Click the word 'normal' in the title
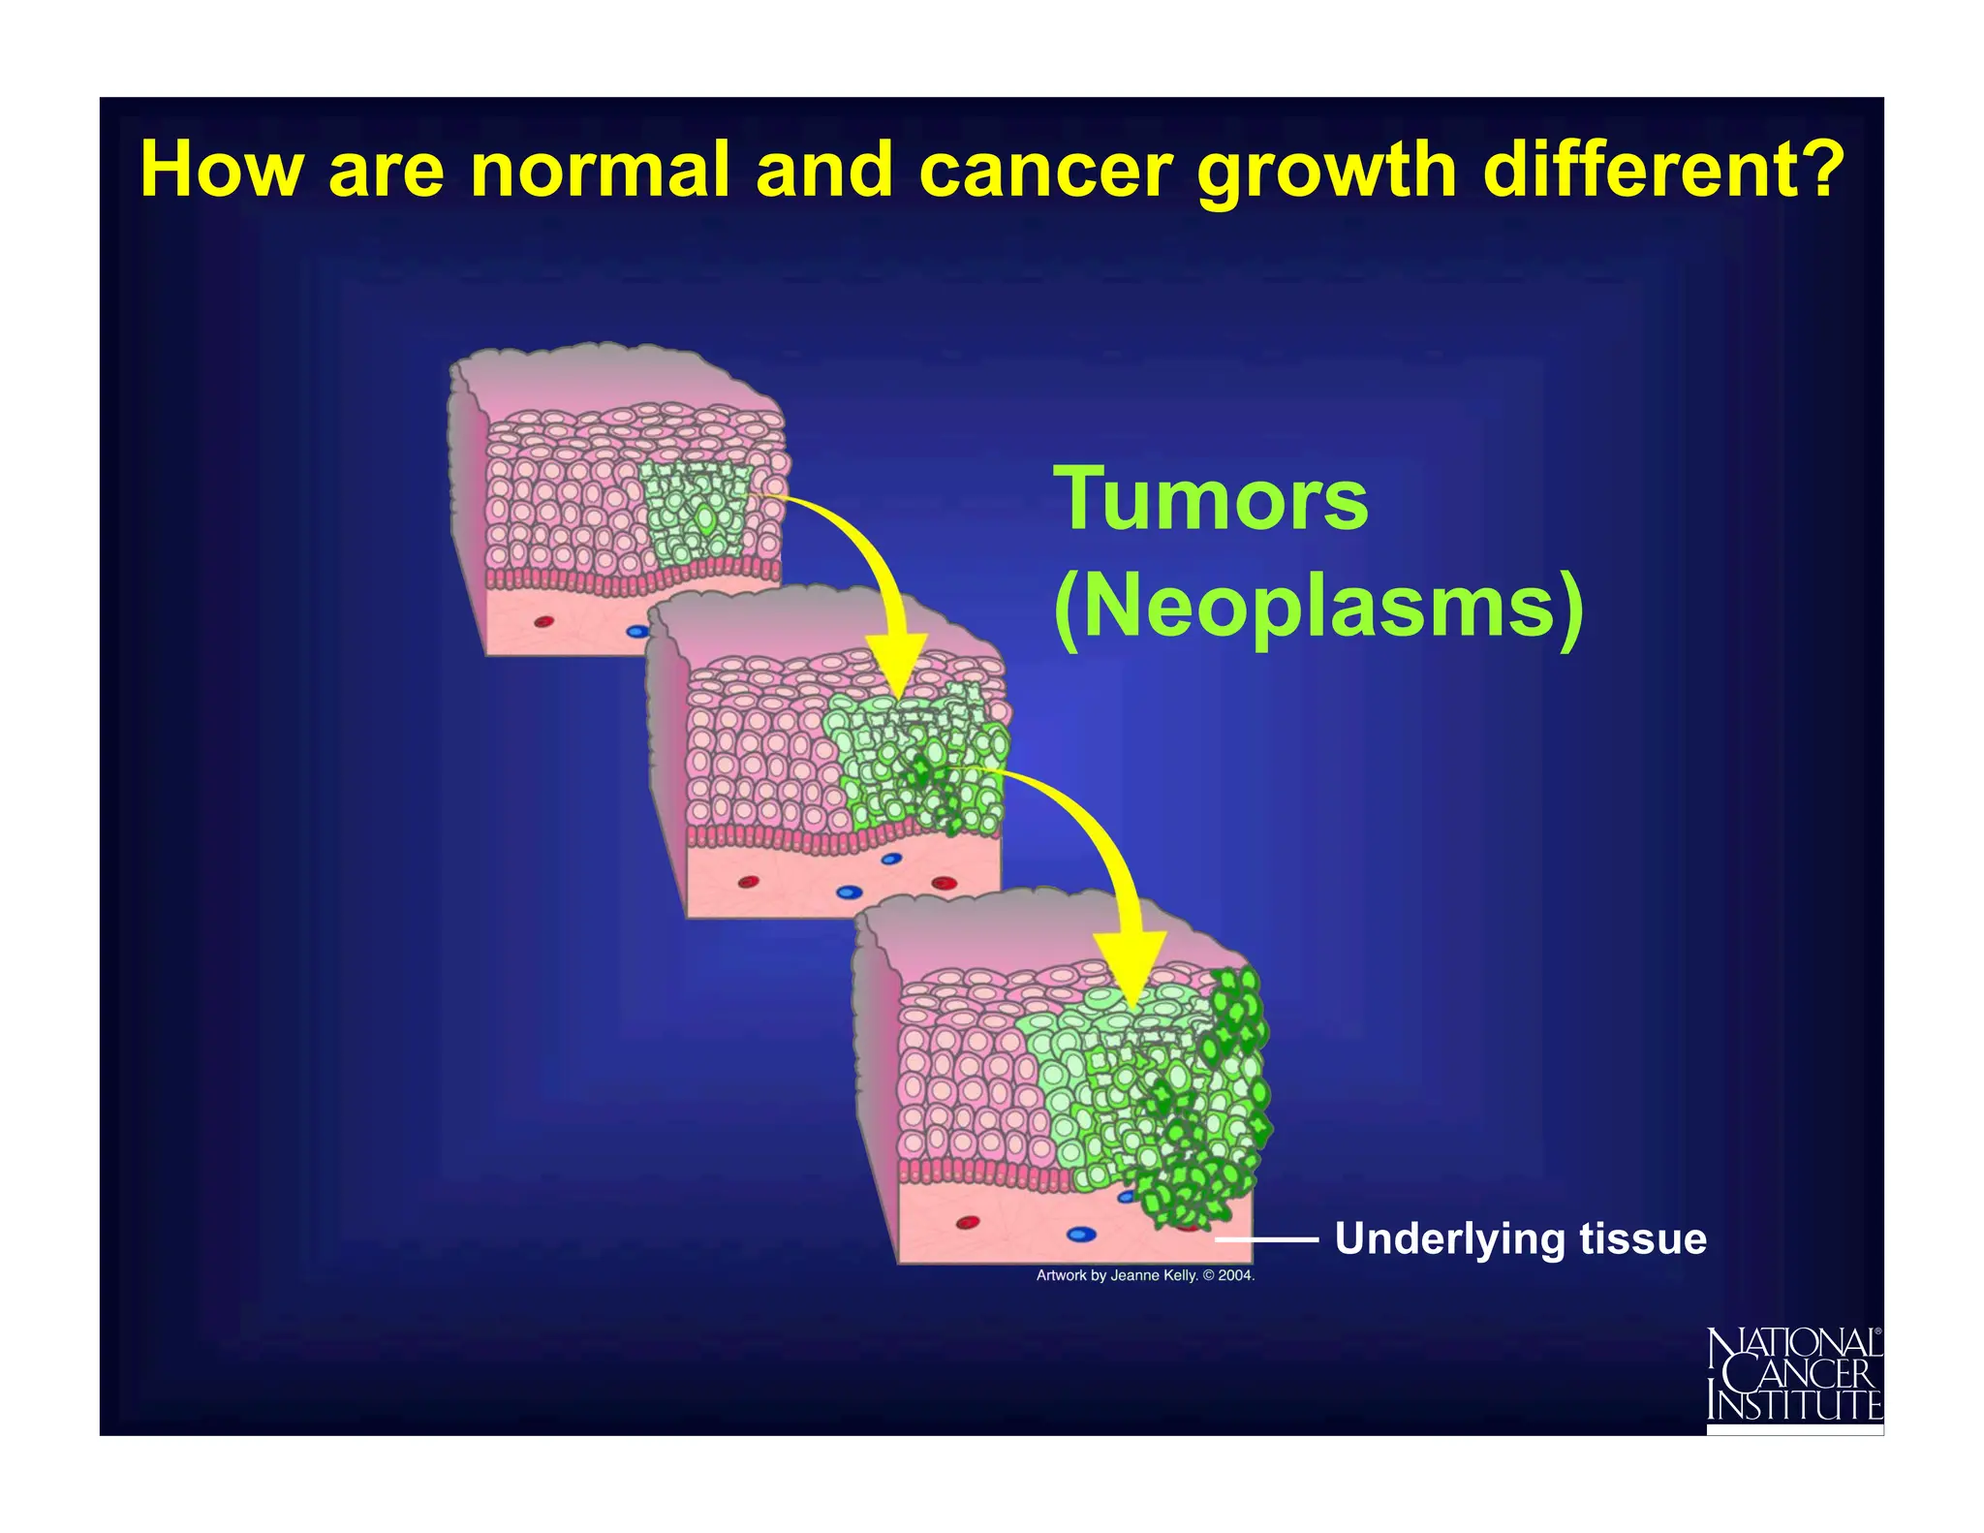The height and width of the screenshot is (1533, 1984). (599, 171)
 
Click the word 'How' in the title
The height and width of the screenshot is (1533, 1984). (220, 171)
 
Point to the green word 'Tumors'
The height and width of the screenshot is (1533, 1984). (1211, 499)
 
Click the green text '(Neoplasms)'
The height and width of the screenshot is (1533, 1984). (1317, 608)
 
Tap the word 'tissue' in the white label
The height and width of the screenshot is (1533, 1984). (1643, 1239)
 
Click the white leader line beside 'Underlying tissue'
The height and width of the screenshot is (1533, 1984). (1266, 1239)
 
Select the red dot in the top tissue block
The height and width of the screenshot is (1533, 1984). (544, 621)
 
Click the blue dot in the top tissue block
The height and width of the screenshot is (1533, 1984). (636, 631)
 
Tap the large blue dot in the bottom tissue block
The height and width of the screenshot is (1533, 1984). (1081, 1234)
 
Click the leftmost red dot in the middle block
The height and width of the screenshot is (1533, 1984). (749, 881)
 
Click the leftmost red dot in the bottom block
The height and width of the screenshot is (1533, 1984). (968, 1223)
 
